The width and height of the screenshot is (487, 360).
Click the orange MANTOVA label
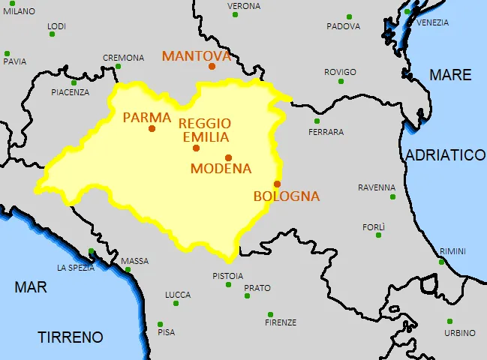pyautogui.click(x=197, y=56)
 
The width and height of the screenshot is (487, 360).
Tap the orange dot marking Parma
pyautogui.click(x=152, y=128)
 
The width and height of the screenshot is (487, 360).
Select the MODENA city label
pyautogui.click(x=221, y=169)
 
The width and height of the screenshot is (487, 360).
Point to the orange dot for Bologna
pyautogui.click(x=277, y=184)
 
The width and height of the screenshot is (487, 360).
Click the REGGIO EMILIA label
pyautogui.click(x=204, y=130)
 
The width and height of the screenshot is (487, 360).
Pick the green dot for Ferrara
pyautogui.click(x=317, y=121)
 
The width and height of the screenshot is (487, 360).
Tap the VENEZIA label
pyautogui.click(x=432, y=22)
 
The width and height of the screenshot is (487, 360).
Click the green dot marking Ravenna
pyautogui.click(x=392, y=196)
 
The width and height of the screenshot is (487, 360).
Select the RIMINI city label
pyautogui.click(x=452, y=250)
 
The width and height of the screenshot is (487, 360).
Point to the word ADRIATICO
pyautogui.click(x=446, y=155)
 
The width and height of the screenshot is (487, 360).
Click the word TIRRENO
pyautogui.click(x=71, y=337)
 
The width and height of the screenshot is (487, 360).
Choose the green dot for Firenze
pyautogui.click(x=270, y=314)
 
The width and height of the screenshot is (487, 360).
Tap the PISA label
pyautogui.click(x=166, y=332)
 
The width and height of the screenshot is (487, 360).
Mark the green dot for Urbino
pyautogui.click(x=449, y=321)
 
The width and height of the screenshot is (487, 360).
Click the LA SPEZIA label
pyautogui.click(x=76, y=268)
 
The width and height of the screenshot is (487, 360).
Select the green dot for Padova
pyautogui.click(x=349, y=16)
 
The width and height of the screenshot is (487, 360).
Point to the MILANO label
pyautogui.click(x=19, y=12)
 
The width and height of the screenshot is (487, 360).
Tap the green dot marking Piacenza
pyautogui.click(x=74, y=82)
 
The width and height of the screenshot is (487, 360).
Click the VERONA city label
pyautogui.click(x=244, y=6)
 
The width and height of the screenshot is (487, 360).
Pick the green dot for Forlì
pyautogui.click(x=378, y=235)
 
